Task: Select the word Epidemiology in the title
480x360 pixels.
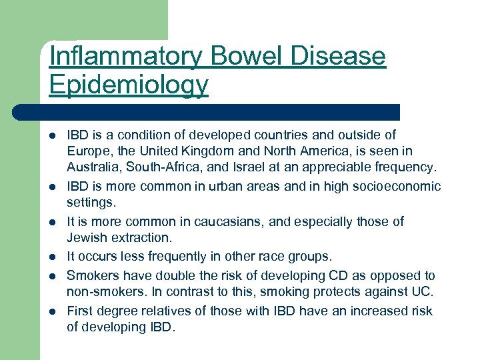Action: tap(129, 85)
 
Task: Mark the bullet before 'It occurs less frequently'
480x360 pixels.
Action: tap(52, 257)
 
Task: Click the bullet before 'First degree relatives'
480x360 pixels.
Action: tap(52, 311)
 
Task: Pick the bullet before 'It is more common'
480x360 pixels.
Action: tap(52, 222)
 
